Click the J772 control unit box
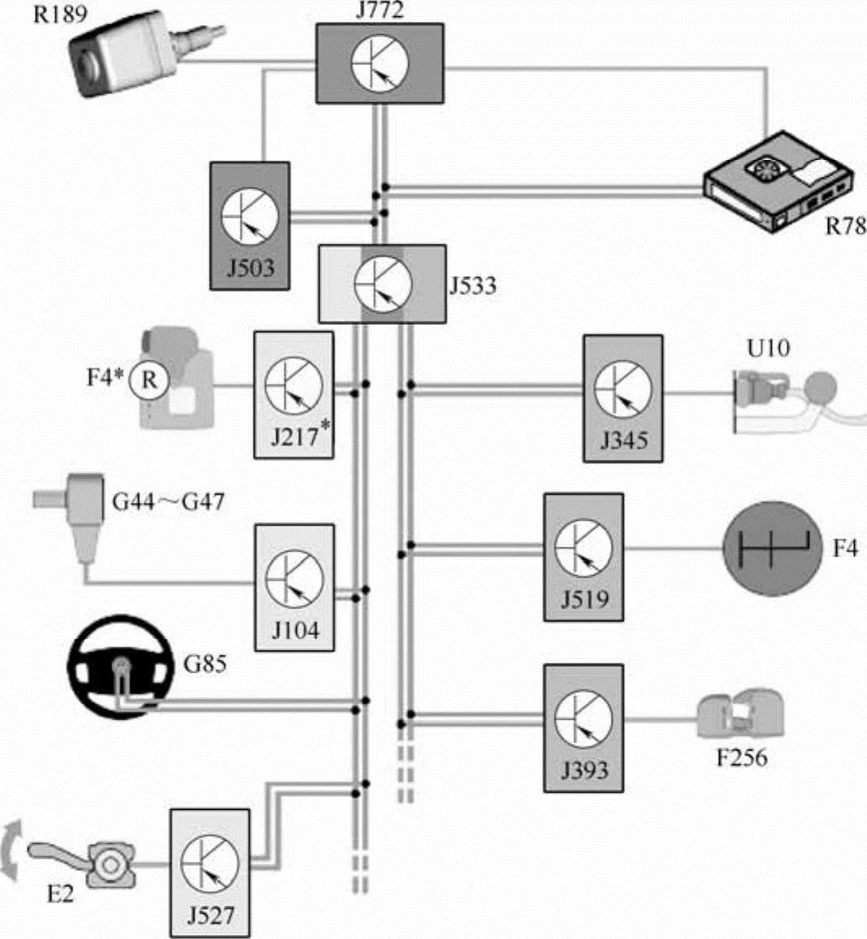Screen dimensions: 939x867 (x=379, y=63)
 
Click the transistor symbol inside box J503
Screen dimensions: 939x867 (x=249, y=214)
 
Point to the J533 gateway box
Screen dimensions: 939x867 (x=382, y=283)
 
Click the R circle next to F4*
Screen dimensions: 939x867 (x=148, y=379)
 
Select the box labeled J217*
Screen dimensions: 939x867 (x=293, y=395)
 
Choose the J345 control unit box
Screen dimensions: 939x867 (x=622, y=398)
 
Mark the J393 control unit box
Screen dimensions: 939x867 (x=583, y=728)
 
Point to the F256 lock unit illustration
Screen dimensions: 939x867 (x=739, y=715)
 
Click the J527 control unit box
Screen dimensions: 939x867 (x=210, y=872)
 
